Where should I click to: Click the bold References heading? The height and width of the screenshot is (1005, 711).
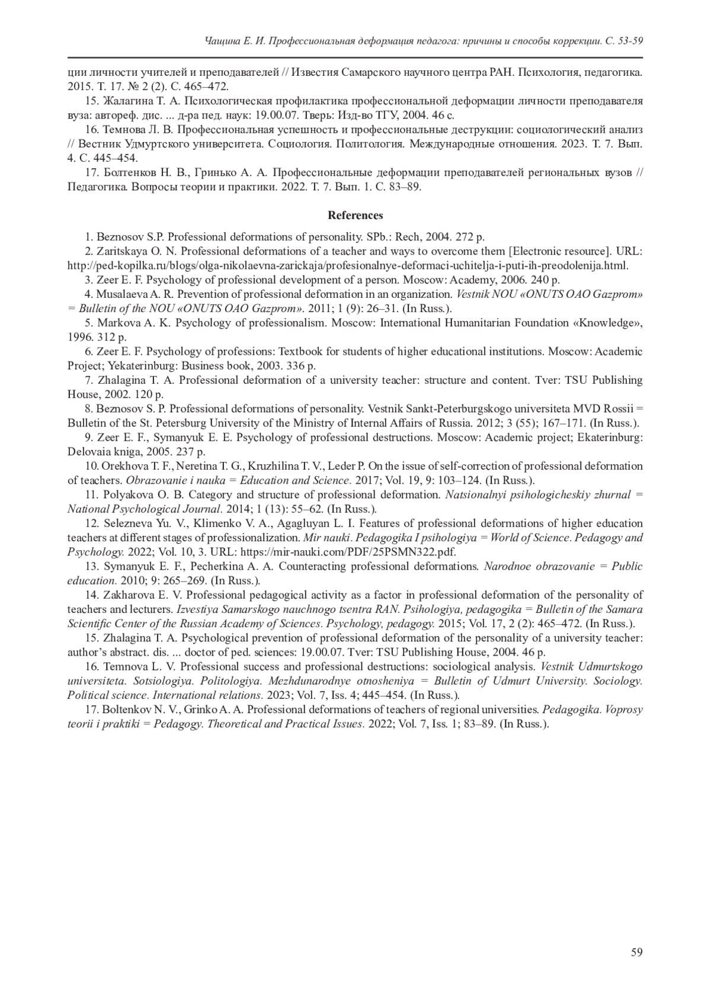355,216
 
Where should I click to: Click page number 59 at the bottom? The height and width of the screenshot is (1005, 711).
636,952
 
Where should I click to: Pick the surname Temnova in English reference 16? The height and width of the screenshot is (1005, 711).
124,667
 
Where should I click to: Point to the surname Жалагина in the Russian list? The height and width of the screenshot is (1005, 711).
129,101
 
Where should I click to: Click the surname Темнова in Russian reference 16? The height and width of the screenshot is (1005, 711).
126,130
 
